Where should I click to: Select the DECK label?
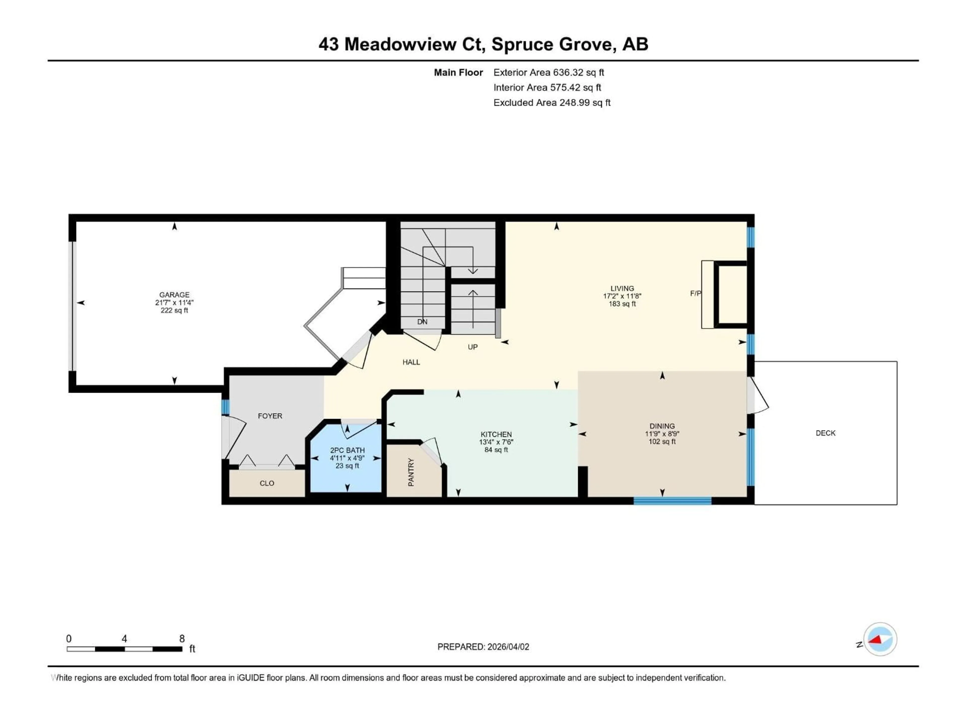(x=825, y=433)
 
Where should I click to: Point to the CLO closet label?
(x=267, y=483)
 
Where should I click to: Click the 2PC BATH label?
(x=347, y=450)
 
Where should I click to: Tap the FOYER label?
(x=270, y=416)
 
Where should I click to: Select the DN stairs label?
(x=422, y=322)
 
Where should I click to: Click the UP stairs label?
(x=473, y=347)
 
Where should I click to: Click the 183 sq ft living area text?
(x=622, y=304)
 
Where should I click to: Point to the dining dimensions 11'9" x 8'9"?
(x=662, y=434)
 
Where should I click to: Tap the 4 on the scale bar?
(x=124, y=639)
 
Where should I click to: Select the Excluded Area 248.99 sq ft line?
(x=552, y=103)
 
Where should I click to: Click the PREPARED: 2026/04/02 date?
(x=483, y=647)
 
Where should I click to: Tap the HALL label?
(x=411, y=362)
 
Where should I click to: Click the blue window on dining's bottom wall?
(x=672, y=501)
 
